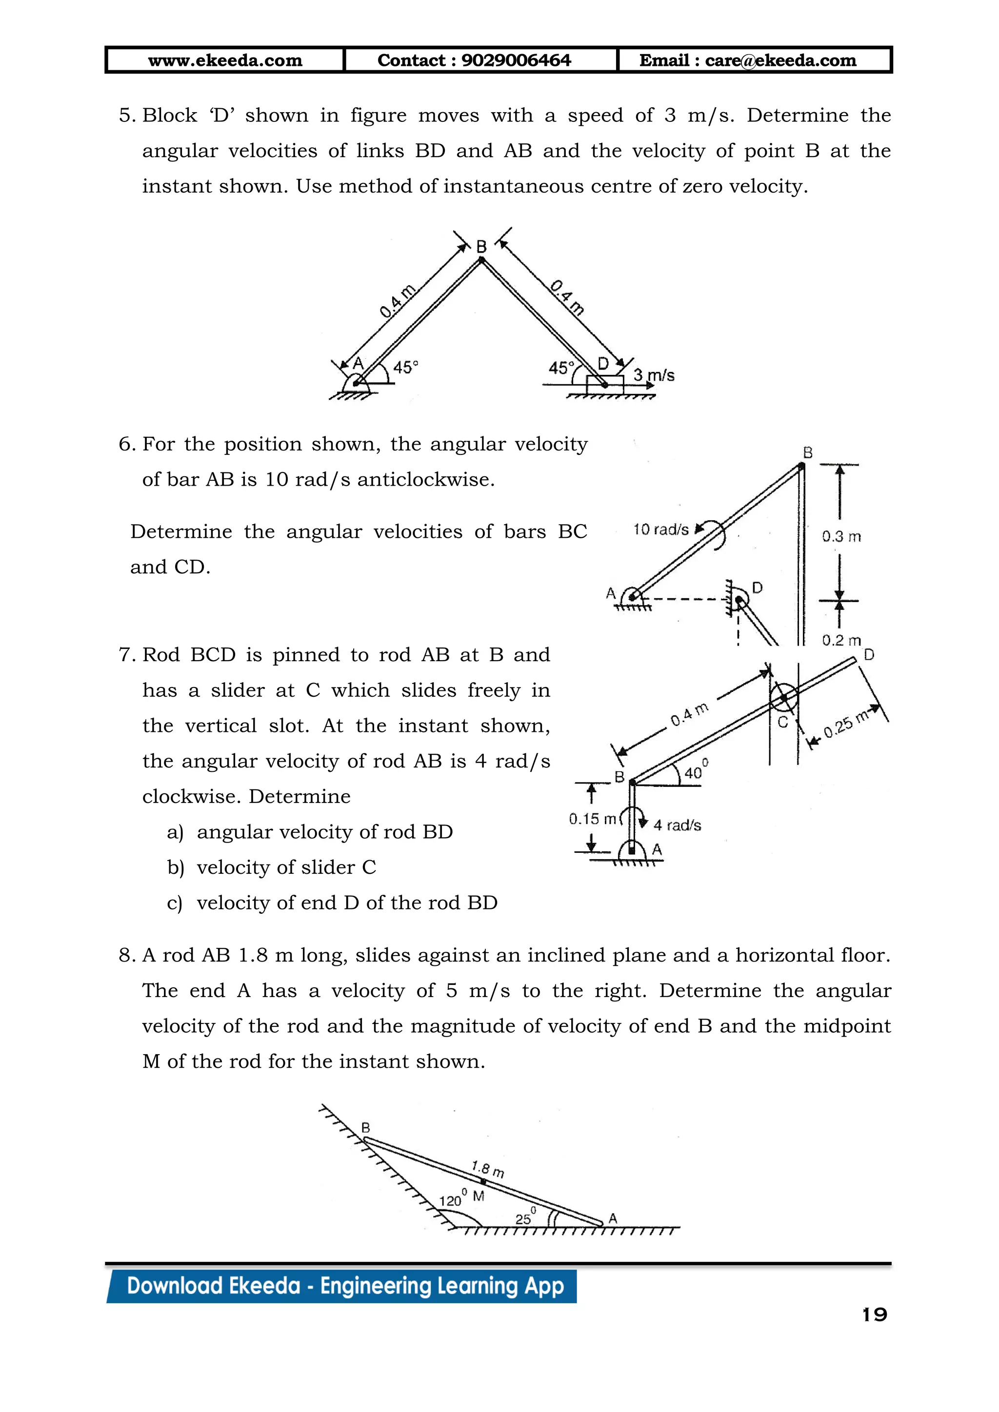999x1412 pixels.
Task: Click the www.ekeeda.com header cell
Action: tap(225, 60)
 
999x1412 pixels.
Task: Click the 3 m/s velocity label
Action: tap(654, 374)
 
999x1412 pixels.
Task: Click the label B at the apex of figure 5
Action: tap(481, 247)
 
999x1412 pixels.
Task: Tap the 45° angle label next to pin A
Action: tap(405, 367)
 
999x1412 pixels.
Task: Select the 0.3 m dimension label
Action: tap(841, 536)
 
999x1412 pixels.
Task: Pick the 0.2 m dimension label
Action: tap(841, 640)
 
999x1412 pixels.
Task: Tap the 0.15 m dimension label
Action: tap(592, 819)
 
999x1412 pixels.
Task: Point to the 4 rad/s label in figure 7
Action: tap(677, 824)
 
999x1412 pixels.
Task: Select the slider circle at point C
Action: tap(784, 697)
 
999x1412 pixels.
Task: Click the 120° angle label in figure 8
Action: tap(452, 1199)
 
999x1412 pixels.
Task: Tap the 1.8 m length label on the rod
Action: tap(488, 1169)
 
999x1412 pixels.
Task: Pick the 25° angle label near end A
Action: tap(525, 1217)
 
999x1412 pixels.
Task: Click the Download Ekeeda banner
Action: tap(344, 1286)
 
